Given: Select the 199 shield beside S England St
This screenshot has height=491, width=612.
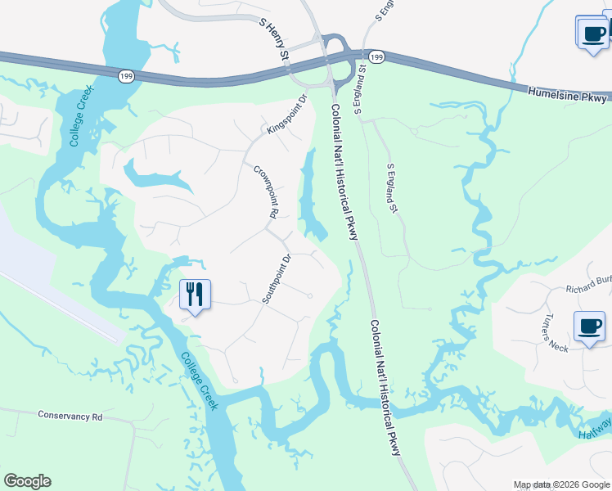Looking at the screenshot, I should coord(376,56).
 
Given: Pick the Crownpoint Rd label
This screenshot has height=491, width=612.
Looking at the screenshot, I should coord(263,191).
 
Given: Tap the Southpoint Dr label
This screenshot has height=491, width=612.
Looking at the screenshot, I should coord(277,279).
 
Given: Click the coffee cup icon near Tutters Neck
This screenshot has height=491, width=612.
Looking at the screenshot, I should coord(589,327).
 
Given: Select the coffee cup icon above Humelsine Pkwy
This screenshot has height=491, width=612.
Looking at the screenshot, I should coord(592,34).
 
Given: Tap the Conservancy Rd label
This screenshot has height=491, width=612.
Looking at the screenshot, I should coord(70,416).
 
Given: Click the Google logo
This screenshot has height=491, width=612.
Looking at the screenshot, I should coord(27,481).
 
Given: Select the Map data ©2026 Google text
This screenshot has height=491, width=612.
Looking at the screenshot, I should coord(560,484).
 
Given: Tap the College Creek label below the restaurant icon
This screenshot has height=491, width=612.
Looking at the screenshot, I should coord(200,381).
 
